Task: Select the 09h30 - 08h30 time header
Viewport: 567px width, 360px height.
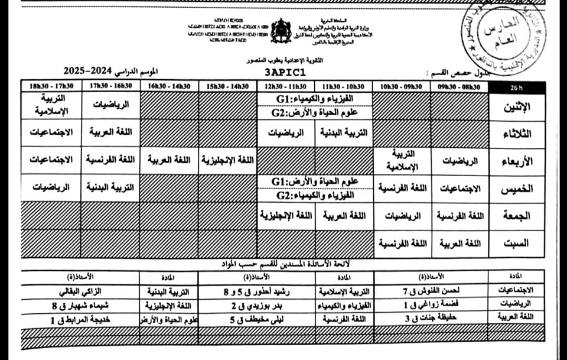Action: pyautogui.click(x=460, y=86)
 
